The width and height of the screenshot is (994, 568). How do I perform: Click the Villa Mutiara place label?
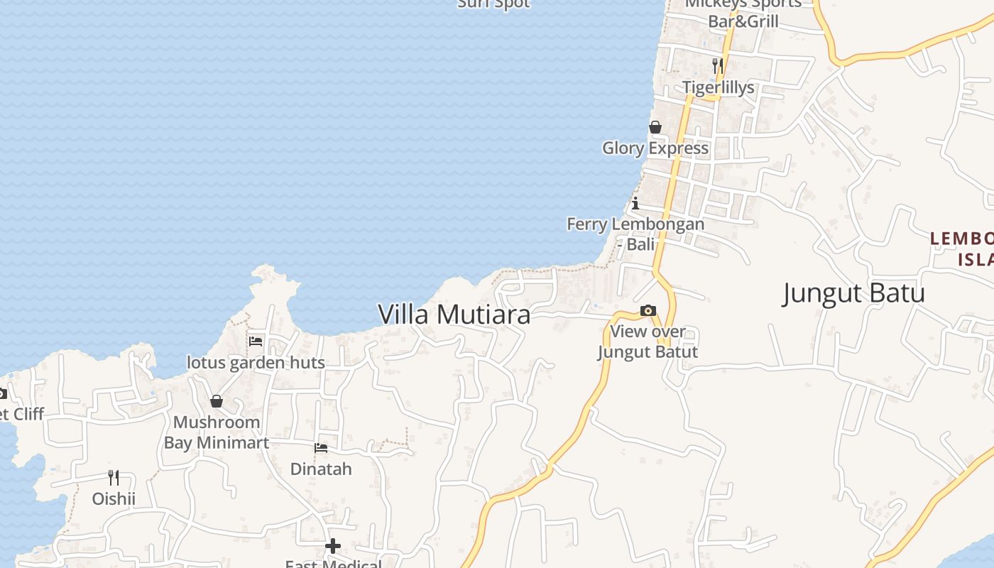click(x=454, y=314)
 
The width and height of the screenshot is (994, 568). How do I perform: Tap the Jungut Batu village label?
click(x=853, y=293)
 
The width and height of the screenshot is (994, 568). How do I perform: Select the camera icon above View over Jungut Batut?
click(x=648, y=310)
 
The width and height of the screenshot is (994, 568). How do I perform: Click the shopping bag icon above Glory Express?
click(x=655, y=127)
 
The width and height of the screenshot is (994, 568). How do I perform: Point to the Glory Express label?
click(x=655, y=148)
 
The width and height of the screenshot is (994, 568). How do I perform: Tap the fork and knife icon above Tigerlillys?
click(x=718, y=66)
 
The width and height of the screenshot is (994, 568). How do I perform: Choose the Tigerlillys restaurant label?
click(x=718, y=87)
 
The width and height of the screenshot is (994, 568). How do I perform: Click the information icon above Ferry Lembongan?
click(x=635, y=203)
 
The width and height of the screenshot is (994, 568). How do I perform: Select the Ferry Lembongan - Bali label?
click(x=635, y=234)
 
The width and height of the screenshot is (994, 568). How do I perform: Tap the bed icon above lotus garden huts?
click(x=256, y=342)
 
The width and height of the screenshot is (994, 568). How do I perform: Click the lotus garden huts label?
click(x=256, y=362)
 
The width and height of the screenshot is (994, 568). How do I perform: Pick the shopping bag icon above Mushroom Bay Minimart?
click(x=217, y=401)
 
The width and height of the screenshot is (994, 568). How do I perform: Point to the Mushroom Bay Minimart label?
click(x=217, y=432)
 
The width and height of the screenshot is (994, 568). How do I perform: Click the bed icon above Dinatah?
click(x=321, y=448)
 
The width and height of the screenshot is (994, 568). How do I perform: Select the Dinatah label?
click(x=321, y=469)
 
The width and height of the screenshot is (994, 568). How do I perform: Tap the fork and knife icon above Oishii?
click(x=114, y=477)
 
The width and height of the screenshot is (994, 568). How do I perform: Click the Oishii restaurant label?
click(x=114, y=498)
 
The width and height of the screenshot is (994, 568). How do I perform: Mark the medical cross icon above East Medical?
click(x=333, y=546)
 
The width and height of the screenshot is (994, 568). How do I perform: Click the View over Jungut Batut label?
click(x=648, y=341)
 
